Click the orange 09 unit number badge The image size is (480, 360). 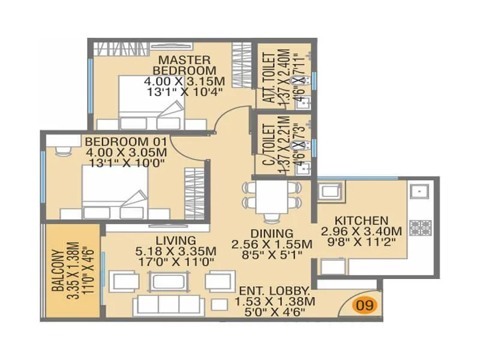pyautogui.click(x=365, y=305)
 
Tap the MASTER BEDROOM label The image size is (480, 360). pyautogui.click(x=184, y=65)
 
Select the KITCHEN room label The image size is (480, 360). pyautogui.click(x=362, y=221)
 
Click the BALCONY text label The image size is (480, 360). pyautogui.click(x=58, y=271)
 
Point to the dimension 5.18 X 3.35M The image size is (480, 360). pyautogui.click(x=176, y=251)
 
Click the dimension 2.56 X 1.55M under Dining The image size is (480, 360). pyautogui.click(x=272, y=244)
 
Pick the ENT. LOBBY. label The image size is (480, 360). pyautogui.click(x=274, y=290)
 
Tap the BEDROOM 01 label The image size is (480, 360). pyautogui.click(x=126, y=142)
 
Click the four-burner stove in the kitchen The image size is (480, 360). pyautogui.click(x=421, y=228)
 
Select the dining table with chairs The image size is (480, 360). pyautogui.click(x=272, y=200)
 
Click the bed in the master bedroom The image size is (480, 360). pyautogui.click(x=151, y=103)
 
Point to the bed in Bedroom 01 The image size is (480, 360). pyautogui.click(x=115, y=192)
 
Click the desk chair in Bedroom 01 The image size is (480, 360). pyautogui.click(x=63, y=151)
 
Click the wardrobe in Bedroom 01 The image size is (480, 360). pyautogui.click(x=194, y=193)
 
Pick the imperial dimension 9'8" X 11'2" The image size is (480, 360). pyautogui.click(x=362, y=242)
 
